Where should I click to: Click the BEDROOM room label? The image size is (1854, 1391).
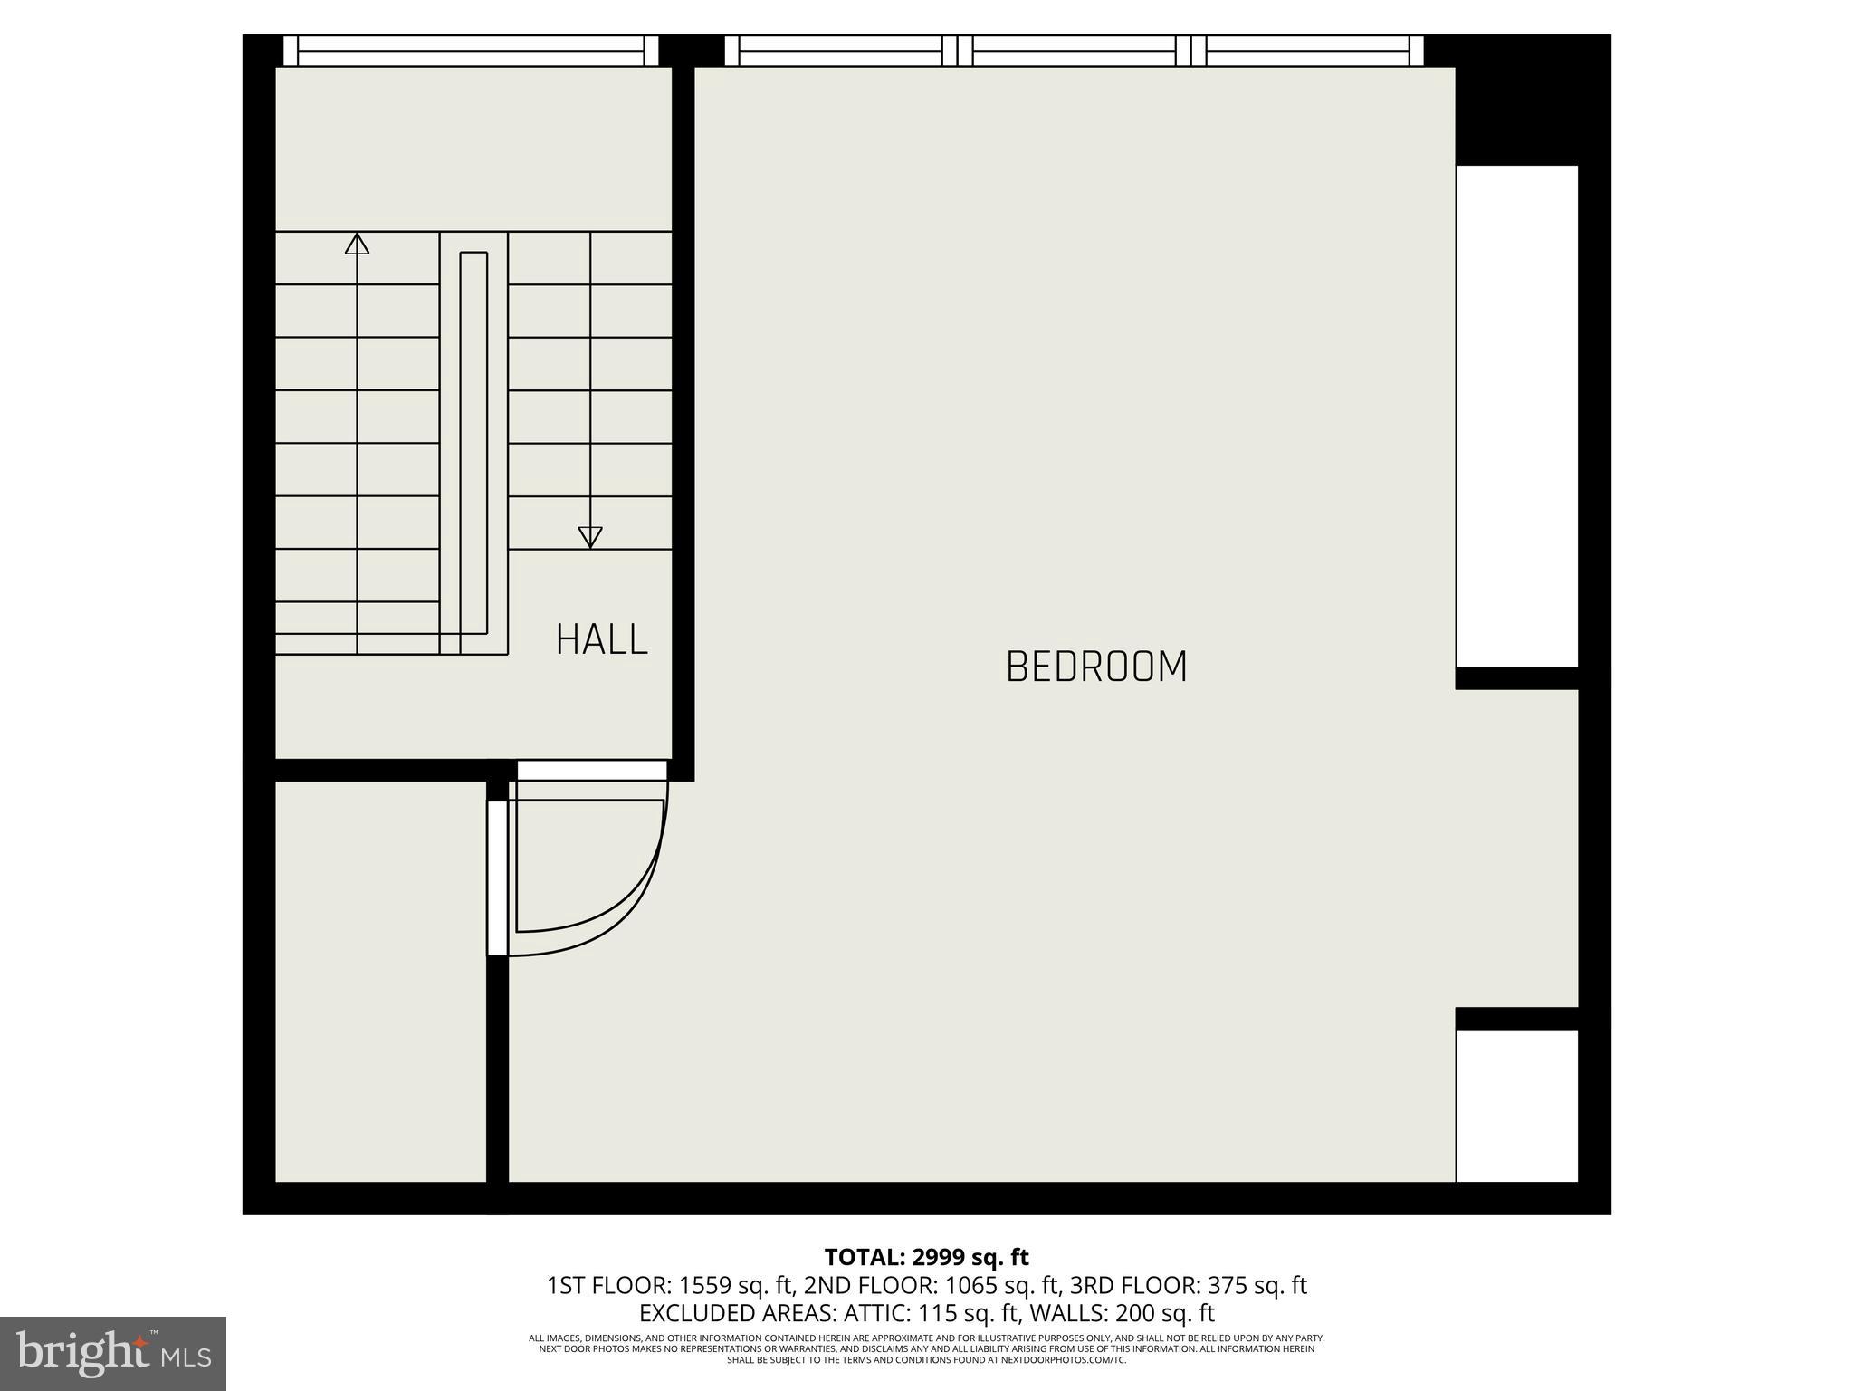click(x=1096, y=667)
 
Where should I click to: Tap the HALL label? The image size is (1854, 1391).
click(x=602, y=639)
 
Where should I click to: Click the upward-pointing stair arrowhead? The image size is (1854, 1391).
click(x=357, y=243)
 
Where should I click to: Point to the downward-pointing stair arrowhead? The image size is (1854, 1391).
click(x=590, y=537)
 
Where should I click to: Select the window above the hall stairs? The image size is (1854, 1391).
click(x=471, y=51)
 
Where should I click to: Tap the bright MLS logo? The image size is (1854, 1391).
click(x=113, y=1353)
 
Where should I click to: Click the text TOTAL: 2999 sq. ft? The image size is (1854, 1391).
click(x=926, y=1257)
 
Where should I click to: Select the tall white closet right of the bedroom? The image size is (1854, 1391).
click(x=1517, y=417)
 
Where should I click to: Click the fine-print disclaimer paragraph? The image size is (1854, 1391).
click(x=926, y=1348)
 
